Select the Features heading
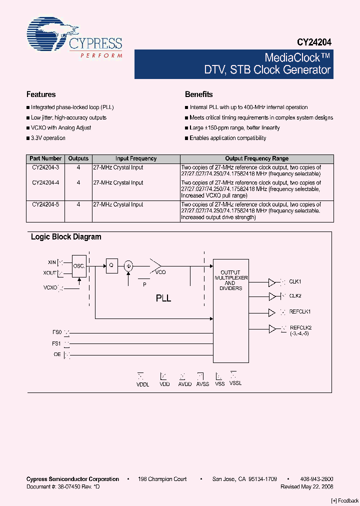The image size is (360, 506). tap(41, 94)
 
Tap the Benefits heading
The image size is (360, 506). tap(198, 94)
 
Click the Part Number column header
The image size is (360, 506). tap(45, 158)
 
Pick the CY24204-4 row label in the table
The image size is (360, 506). tap(45, 183)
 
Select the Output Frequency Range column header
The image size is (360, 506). tap(256, 158)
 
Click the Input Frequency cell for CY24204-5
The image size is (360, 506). tap(118, 204)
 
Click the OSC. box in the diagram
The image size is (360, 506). tap(79, 266)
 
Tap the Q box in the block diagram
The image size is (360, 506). tap(111, 266)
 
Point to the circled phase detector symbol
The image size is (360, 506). tap(129, 266)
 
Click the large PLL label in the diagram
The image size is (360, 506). tap(163, 298)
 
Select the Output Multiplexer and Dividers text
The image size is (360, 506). tap(230, 280)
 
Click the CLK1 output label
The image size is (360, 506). tap(295, 281)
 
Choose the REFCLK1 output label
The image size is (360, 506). tap(300, 312)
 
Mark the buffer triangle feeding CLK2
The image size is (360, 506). tap(272, 296)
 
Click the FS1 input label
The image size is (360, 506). tap(56, 343)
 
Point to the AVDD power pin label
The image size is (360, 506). tap(185, 384)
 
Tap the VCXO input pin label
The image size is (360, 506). tap(50, 287)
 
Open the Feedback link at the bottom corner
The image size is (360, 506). tap(345, 501)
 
